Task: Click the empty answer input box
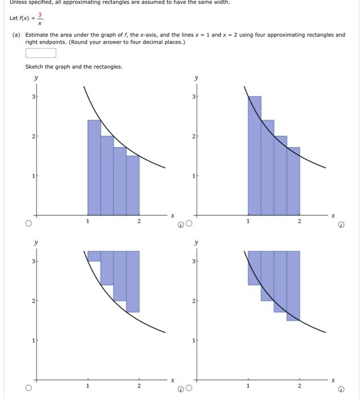coord(41,53)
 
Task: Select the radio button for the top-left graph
coord(27,224)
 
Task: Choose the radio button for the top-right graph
coord(189,224)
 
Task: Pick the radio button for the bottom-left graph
coord(27,389)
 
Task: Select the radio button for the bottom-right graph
coord(189,389)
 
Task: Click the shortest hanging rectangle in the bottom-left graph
coord(94,256)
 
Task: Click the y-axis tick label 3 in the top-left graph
coord(34,97)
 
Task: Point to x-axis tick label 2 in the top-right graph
coord(300,221)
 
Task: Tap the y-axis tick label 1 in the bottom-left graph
coord(34,340)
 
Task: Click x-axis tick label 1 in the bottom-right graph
coord(248,386)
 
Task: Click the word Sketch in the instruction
coord(33,67)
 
